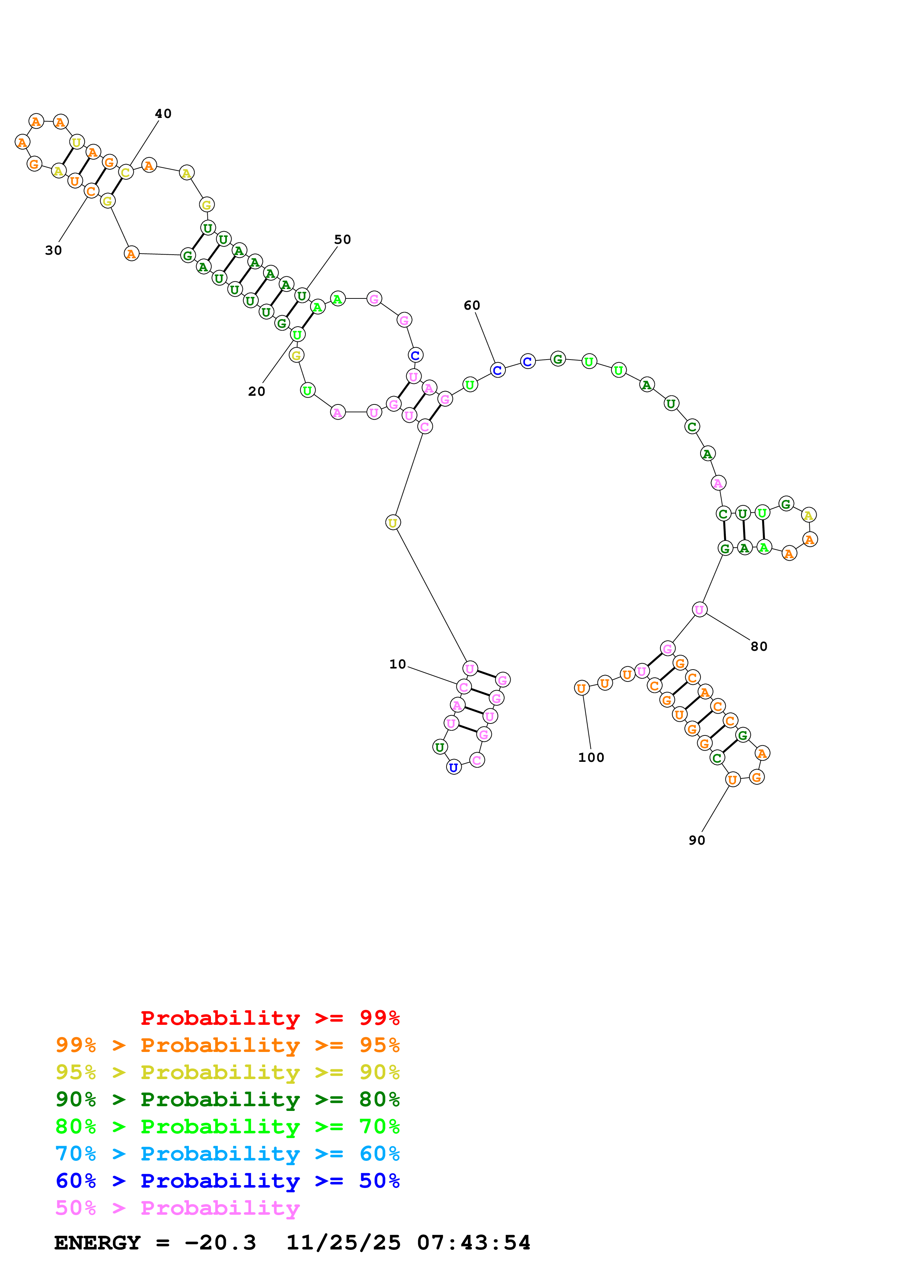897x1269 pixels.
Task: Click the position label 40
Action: [x=163, y=114]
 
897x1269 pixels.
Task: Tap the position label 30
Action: [x=54, y=250]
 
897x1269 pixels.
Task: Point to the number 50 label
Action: [x=343, y=239]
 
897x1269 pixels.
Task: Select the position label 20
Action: [x=257, y=391]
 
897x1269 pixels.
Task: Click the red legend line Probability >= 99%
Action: [x=270, y=1018]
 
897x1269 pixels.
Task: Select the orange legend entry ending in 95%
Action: [x=228, y=1045]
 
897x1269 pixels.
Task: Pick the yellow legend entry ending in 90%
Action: [x=228, y=1072]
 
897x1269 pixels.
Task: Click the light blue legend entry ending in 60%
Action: [x=228, y=1154]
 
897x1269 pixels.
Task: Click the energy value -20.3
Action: [x=220, y=1243]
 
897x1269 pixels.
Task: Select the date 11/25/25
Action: [x=343, y=1243]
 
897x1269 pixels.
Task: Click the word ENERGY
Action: [x=97, y=1243]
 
